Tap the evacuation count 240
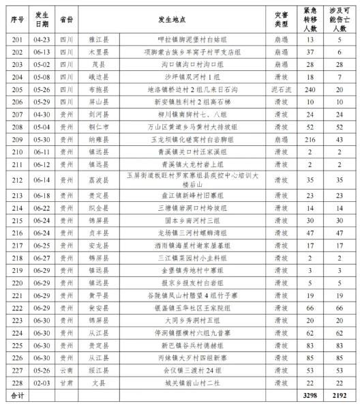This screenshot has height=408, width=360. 310,89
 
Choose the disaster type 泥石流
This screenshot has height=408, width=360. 280,89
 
